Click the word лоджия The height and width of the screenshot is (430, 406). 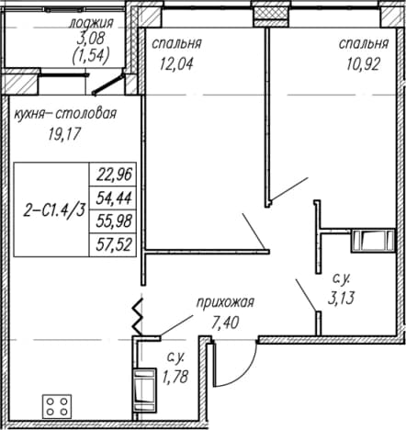tap(91, 23)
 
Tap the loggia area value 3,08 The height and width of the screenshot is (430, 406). tap(91, 39)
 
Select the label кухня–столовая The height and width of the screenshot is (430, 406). tap(65, 114)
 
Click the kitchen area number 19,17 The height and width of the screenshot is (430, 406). tap(64, 133)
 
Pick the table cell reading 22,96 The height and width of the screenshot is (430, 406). tap(114, 175)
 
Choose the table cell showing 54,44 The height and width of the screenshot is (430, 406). tap(114, 198)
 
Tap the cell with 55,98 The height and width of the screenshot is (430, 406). tap(114, 221)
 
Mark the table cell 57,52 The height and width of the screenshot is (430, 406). tap(114, 244)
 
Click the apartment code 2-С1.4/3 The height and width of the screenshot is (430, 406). tap(54, 211)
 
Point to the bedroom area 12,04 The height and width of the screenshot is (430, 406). tap(176, 64)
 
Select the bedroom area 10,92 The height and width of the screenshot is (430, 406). tap(364, 64)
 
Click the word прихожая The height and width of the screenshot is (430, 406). tap(225, 303)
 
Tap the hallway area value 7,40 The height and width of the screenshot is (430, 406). tap(225, 322)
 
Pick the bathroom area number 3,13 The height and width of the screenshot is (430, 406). tap(341, 298)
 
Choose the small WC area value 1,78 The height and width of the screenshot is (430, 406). tap(175, 377)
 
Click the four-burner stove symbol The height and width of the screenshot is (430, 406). tap(57, 406)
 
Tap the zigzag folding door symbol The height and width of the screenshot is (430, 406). tap(138, 316)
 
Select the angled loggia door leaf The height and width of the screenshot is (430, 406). tap(108, 84)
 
